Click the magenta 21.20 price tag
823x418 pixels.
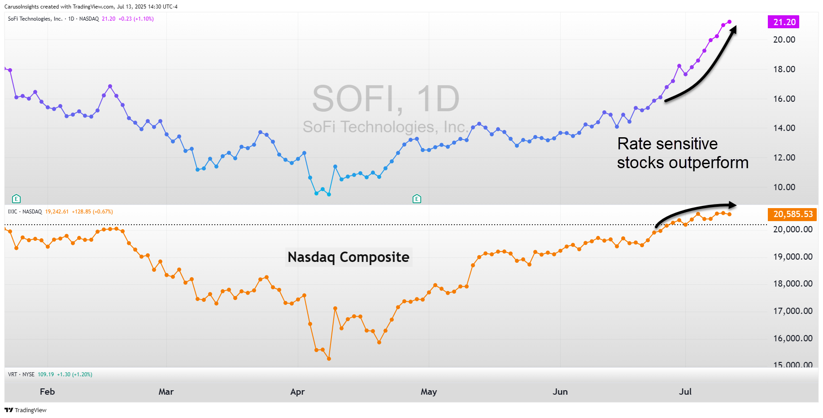[784, 22]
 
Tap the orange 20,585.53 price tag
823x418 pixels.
[793, 214]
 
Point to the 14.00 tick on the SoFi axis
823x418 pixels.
[784, 128]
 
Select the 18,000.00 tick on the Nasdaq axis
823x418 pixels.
[793, 283]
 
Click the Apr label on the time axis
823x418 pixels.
[297, 392]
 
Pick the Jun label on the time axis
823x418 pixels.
[560, 392]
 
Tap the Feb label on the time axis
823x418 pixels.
[47, 392]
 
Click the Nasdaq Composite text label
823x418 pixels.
[348, 257]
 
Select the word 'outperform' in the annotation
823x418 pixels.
[708, 163]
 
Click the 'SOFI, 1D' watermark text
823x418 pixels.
[386, 99]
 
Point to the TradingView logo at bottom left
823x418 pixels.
[26, 410]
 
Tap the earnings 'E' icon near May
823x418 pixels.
[417, 199]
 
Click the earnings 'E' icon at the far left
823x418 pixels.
[16, 199]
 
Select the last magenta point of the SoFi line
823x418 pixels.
[729, 22]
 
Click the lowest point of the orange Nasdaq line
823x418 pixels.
[329, 359]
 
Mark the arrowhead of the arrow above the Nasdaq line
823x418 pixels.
[733, 205]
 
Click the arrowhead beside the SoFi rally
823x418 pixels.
[734, 29]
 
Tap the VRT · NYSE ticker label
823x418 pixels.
[21, 374]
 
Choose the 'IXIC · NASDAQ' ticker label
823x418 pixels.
[25, 212]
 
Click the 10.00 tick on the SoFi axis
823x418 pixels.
[784, 187]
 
